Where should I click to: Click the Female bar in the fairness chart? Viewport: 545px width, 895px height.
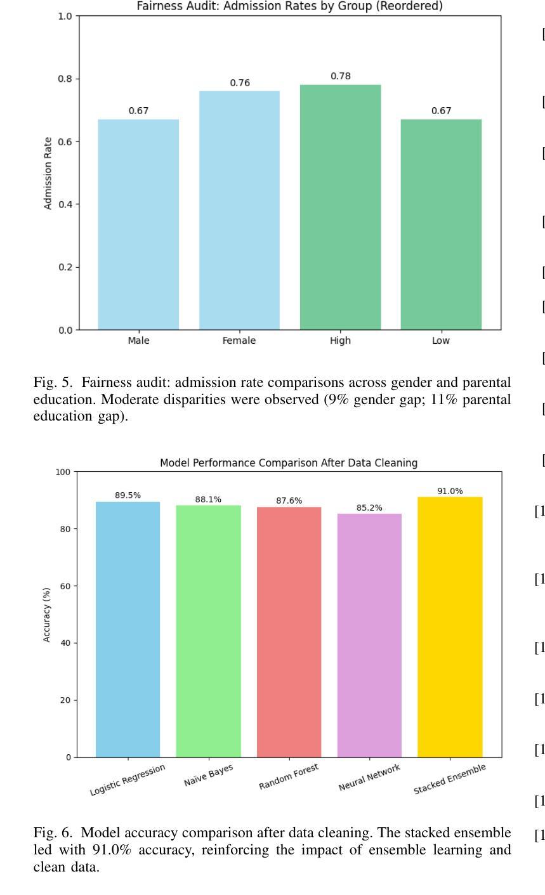(x=239, y=210)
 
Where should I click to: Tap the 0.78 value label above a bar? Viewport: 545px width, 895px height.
(x=340, y=76)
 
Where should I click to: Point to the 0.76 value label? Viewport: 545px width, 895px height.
(x=240, y=82)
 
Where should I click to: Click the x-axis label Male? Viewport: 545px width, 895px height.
(x=138, y=341)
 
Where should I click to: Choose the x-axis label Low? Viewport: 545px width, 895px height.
(x=441, y=341)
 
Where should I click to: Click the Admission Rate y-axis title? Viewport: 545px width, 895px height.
(x=48, y=173)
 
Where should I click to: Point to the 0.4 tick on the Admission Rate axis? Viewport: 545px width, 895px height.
(x=66, y=204)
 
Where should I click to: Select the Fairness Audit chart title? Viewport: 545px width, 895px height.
(x=289, y=6)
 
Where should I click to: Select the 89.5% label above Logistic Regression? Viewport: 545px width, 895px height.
(x=128, y=495)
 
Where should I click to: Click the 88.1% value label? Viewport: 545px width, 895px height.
(x=208, y=499)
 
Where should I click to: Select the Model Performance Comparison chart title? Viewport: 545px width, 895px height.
(x=289, y=463)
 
